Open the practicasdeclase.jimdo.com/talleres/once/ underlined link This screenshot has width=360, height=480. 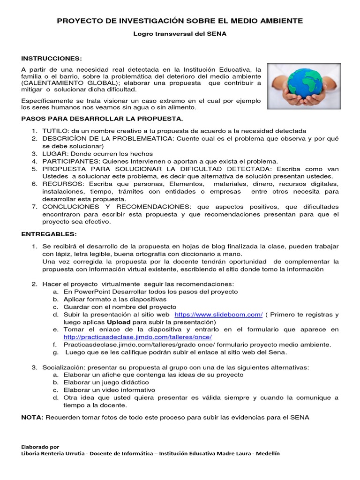pyautogui.click(x=137, y=337)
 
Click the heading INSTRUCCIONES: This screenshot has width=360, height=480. pyautogui.click(x=52, y=58)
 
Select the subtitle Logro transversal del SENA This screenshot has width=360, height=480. pyautogui.click(x=180, y=34)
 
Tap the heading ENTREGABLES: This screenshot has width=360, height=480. pyautogui.click(x=49, y=234)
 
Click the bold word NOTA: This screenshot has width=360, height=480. pyautogui.click(x=32, y=417)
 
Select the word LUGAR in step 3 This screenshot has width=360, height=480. pyautogui.click(x=54, y=153)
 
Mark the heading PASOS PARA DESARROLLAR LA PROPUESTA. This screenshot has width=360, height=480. pyautogui.click(x=102, y=119)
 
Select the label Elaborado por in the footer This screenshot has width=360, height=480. pyautogui.click(x=40, y=447)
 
